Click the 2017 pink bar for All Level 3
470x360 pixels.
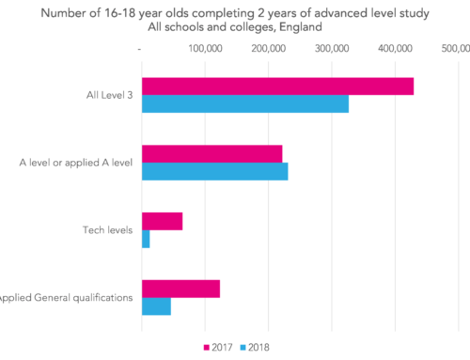point(277,86)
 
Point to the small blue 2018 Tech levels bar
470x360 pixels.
point(146,239)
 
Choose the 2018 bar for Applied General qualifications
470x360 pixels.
point(156,306)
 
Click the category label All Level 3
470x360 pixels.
point(106,95)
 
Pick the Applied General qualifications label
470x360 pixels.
point(66,298)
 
